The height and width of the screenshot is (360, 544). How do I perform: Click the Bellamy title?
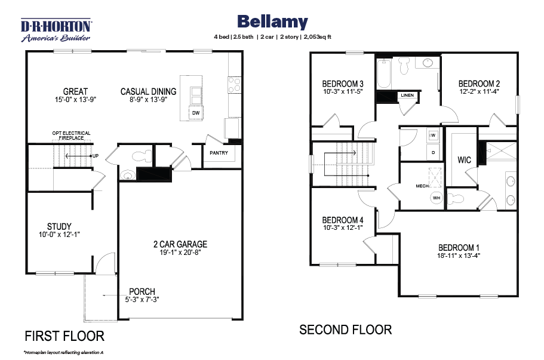(272, 22)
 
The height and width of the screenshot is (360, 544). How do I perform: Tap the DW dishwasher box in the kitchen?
(195, 113)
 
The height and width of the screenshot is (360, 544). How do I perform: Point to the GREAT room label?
(76, 91)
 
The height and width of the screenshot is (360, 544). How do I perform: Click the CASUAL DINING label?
(148, 91)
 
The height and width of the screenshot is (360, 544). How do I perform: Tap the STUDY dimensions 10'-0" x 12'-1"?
(59, 235)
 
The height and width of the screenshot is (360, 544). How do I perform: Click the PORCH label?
(142, 291)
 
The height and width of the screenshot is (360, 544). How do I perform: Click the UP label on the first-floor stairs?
(94, 156)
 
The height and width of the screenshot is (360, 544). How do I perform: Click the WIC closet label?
(465, 160)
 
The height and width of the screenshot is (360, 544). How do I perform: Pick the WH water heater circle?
(437, 198)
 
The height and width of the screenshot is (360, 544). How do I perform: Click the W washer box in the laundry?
(432, 136)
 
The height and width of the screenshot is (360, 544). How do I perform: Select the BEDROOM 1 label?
(458, 247)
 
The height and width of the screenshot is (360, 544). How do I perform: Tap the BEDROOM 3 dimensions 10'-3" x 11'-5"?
(343, 92)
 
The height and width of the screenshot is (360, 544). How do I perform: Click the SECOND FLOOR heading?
(345, 329)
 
